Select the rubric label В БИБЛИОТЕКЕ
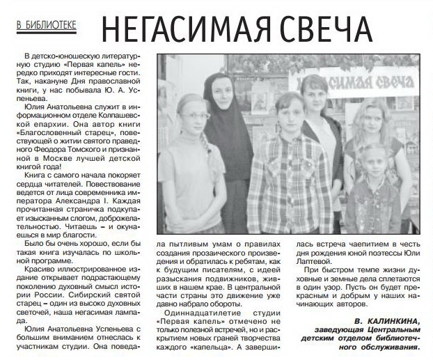(47, 24)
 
